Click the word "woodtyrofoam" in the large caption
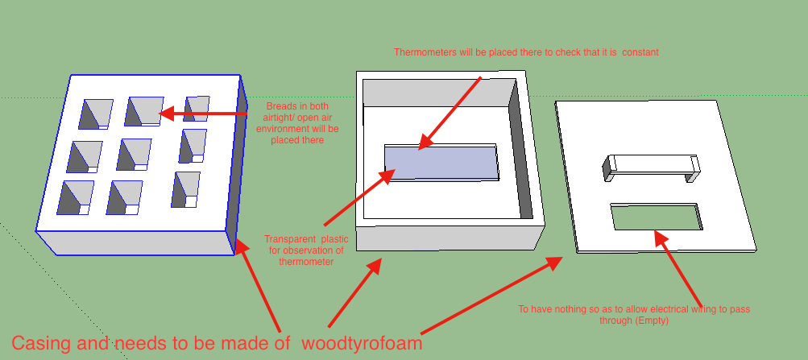point(362,343)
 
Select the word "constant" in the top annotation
point(639,52)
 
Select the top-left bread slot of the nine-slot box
point(94,114)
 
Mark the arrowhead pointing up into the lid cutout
point(658,237)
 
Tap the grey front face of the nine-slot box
point(133,242)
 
